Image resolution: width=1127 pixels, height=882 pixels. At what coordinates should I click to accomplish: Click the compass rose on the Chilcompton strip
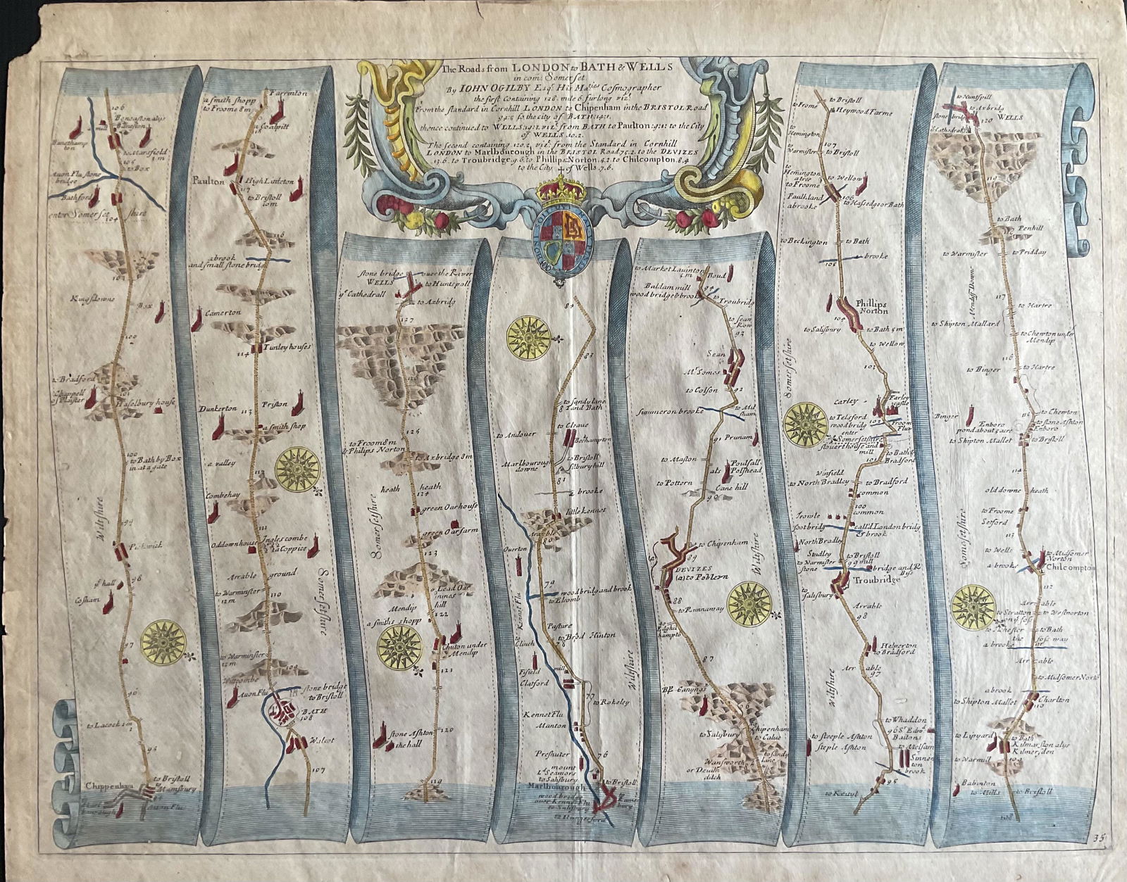[973, 606]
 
